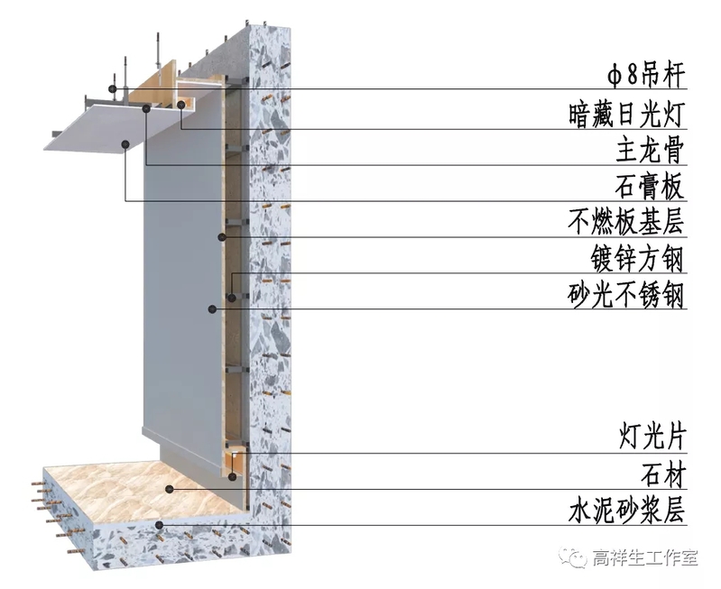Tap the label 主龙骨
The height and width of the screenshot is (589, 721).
(x=650, y=150)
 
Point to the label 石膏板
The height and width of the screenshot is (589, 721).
(x=650, y=187)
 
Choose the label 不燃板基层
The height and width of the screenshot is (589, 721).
(x=626, y=223)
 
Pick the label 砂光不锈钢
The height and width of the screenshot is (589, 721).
(x=626, y=295)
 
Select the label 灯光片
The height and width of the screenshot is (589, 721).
(x=650, y=438)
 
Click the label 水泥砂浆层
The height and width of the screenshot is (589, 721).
(x=626, y=511)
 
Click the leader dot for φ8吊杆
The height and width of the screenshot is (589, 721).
(x=112, y=88)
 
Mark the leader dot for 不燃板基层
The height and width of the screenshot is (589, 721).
(x=221, y=237)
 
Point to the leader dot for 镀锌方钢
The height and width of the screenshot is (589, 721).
(x=232, y=296)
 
